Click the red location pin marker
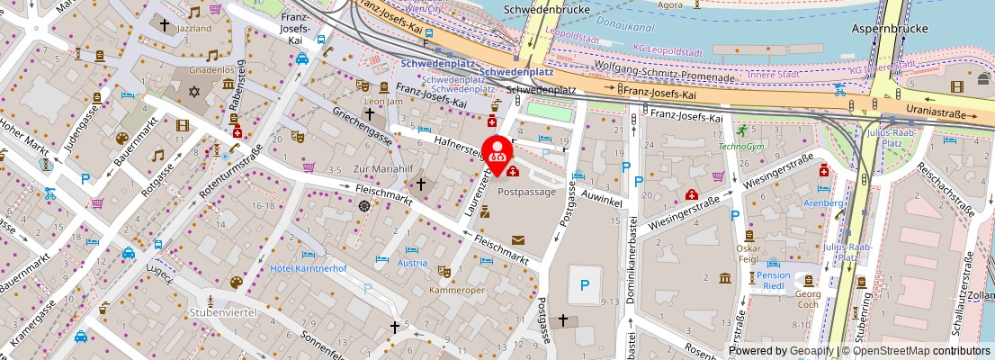coord(497,149)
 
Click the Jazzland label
coord(193,29)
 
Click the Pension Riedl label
coord(773,282)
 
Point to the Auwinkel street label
coord(603,198)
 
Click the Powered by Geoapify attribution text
coord(781,351)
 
